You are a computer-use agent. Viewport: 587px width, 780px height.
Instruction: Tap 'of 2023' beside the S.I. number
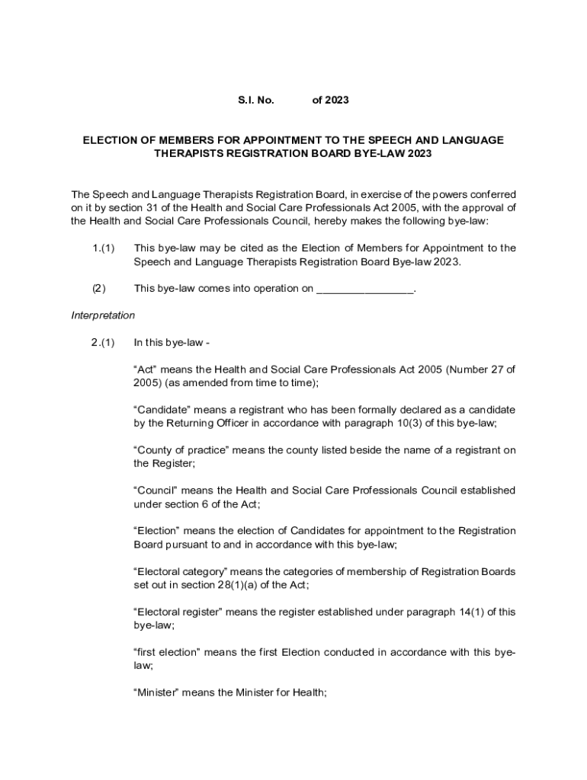coord(331,100)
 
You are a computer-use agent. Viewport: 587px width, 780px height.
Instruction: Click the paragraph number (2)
coord(99,288)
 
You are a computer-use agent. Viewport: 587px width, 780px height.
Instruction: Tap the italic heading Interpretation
coord(103,315)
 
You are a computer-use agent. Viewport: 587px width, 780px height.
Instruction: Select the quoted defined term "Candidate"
coord(165,410)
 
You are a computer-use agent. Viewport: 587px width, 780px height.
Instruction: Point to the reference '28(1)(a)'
coord(234,585)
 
